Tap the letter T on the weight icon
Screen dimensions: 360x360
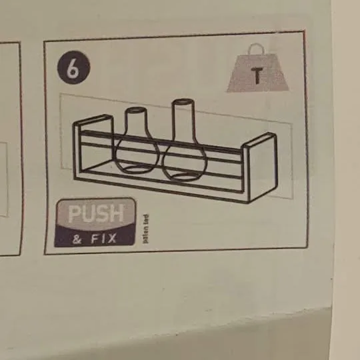pyautogui.click(x=257, y=76)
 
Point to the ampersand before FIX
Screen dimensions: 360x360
pyautogui.click(x=78, y=237)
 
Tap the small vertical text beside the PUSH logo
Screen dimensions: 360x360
pyautogui.click(x=145, y=227)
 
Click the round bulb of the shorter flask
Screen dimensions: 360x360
pyautogui.click(x=137, y=155)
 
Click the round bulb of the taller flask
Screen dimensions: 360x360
pyautogui.click(x=185, y=160)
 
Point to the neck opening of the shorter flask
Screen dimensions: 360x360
pyautogui.click(x=136, y=109)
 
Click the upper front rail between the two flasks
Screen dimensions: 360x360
pyautogui.click(x=161, y=142)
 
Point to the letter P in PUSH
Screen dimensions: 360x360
pyautogui.click(x=73, y=215)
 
